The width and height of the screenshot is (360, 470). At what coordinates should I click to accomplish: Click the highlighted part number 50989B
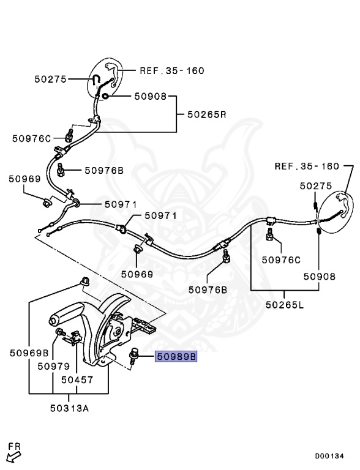pos(176,356)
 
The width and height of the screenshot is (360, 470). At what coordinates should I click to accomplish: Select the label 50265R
pos(207,114)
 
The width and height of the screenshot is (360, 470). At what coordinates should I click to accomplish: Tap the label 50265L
pos(285,305)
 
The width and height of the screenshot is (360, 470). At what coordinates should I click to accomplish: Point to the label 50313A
pos(69,408)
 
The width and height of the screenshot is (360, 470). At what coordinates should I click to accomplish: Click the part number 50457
pos(77,379)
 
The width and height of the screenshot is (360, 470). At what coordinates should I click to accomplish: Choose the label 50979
pos(54,366)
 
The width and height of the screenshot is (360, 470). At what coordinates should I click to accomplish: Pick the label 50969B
pos(29,352)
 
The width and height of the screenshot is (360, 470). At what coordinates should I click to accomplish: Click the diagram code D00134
pos(329,456)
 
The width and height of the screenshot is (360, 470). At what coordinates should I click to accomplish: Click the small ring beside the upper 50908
pos(105,96)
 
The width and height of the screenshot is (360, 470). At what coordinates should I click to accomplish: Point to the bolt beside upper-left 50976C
pos(69,135)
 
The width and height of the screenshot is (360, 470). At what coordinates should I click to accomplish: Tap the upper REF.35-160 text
pos(172,71)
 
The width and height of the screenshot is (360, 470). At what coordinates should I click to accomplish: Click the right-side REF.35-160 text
pos(307,166)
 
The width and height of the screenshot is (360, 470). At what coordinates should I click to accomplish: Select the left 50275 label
pos(50,79)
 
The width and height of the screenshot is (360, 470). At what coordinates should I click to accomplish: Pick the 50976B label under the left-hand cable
pos(104,170)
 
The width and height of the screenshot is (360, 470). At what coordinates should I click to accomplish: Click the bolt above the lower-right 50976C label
pos(269,235)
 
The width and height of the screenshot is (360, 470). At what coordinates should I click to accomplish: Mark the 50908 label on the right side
pos(320,276)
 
